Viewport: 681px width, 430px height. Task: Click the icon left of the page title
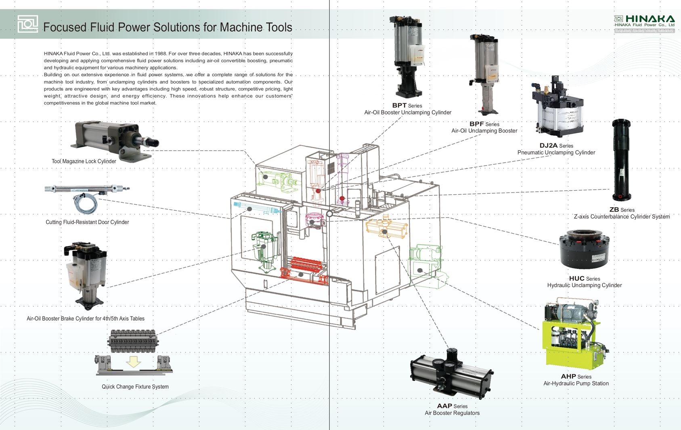click(x=28, y=24)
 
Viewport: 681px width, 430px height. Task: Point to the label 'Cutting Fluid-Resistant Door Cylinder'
click(x=87, y=222)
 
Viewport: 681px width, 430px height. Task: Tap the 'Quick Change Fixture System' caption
click(x=135, y=387)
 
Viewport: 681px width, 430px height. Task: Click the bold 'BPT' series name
click(x=399, y=105)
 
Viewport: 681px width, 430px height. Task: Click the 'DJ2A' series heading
click(x=548, y=145)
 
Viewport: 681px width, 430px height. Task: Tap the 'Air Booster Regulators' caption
click(x=452, y=413)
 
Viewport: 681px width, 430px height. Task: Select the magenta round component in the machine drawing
click(x=314, y=220)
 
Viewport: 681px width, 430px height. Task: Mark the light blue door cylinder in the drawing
click(x=257, y=208)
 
